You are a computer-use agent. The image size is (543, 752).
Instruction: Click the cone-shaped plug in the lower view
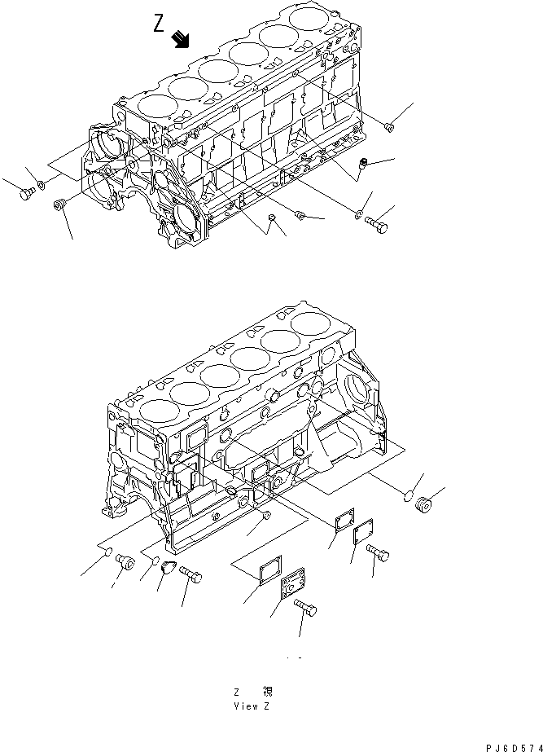click(169, 568)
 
